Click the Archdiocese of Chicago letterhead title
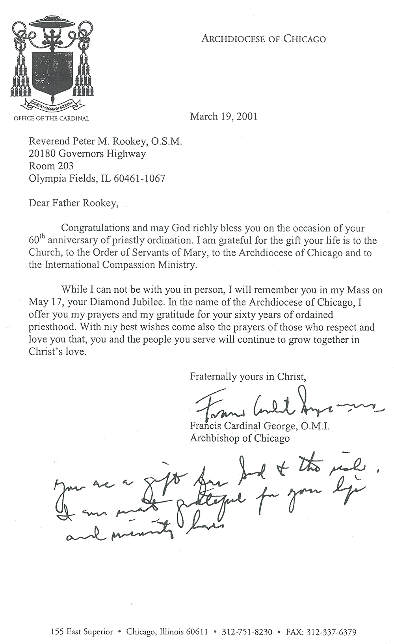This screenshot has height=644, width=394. tap(264, 39)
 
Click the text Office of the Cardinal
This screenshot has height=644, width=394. tap(51, 118)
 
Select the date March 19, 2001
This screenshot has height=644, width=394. tap(223, 116)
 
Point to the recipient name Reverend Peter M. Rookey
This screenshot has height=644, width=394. tap(105, 142)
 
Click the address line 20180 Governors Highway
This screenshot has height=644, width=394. tap(87, 154)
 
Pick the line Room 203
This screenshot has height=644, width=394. tap(51, 166)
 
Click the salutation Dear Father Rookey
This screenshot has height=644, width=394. tap(73, 203)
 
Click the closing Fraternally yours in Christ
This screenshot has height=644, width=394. tap(248, 376)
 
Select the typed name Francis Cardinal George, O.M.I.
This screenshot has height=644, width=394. tap(260, 426)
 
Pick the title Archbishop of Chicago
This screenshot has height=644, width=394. tap(240, 438)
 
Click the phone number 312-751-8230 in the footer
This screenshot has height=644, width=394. tap(247, 632)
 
